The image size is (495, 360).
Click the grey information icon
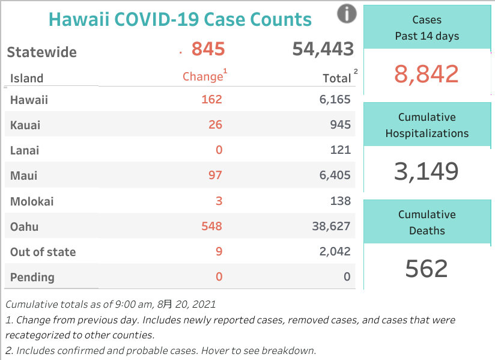(347, 13)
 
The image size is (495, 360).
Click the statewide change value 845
(208, 49)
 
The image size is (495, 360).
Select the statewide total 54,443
(323, 49)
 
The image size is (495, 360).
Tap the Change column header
(203, 77)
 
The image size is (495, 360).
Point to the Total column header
(337, 78)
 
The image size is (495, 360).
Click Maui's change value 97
(215, 175)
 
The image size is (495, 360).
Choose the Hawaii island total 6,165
(335, 100)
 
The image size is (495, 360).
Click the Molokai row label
(32, 201)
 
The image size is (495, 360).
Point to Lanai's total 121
(341, 150)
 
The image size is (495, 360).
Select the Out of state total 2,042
(335, 252)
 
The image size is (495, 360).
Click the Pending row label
(32, 277)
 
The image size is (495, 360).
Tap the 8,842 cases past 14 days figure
(427, 74)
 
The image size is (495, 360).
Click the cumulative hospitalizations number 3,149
(427, 171)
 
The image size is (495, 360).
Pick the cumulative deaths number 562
(427, 269)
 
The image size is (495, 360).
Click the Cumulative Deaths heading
(427, 222)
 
